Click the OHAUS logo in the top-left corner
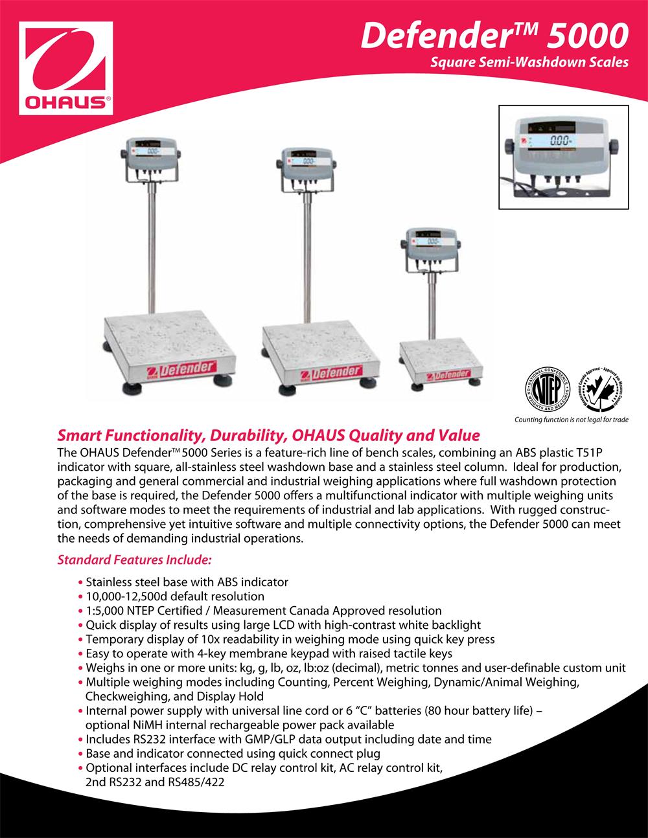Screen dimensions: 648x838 click(66, 68)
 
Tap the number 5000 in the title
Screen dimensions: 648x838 click(588, 36)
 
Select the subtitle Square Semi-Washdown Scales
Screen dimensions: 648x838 click(529, 62)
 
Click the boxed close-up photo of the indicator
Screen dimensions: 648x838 click(564, 157)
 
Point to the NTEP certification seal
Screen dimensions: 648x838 click(548, 389)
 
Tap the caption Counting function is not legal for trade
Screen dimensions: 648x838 click(572, 420)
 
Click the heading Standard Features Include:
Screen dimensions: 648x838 click(135, 560)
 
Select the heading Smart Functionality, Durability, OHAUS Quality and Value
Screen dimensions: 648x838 click(268, 435)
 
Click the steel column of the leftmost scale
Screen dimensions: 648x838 click(152, 247)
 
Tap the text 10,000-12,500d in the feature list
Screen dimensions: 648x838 click(126, 596)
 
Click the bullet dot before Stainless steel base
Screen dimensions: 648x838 click(80, 582)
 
